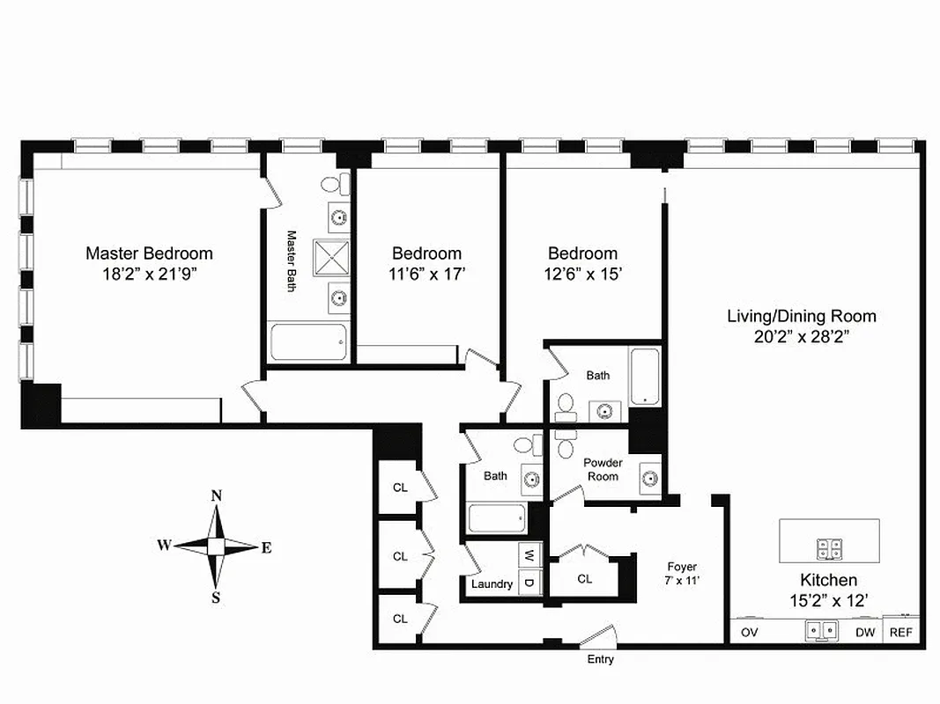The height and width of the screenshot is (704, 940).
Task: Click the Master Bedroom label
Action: click(x=149, y=253)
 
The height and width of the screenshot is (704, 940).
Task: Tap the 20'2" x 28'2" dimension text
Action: click(x=801, y=335)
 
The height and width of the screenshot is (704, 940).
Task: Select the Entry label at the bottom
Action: click(x=600, y=659)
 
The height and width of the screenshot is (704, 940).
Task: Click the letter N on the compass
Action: click(x=216, y=495)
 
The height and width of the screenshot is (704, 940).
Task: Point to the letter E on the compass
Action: click(x=266, y=547)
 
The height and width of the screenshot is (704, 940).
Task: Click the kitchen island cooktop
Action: click(x=829, y=549)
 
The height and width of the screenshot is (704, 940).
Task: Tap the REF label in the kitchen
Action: click(x=900, y=632)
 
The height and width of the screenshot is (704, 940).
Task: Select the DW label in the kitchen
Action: click(x=865, y=632)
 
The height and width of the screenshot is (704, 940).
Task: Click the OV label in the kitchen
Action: click(x=749, y=632)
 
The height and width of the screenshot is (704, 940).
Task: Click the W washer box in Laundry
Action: click(x=529, y=556)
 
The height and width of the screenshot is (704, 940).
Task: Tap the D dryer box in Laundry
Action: click(x=529, y=582)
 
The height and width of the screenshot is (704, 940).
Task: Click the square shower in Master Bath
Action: click(x=331, y=258)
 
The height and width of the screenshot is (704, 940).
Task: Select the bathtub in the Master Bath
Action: click(x=307, y=342)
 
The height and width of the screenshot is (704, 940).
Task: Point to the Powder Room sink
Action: click(x=649, y=478)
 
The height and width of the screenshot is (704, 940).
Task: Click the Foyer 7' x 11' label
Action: click(x=682, y=574)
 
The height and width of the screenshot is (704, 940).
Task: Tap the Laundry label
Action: click(x=492, y=584)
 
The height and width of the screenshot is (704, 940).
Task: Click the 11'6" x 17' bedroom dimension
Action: click(x=427, y=274)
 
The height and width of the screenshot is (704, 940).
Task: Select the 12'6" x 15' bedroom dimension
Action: click(x=583, y=274)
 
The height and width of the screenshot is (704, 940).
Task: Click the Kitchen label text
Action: click(x=828, y=580)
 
